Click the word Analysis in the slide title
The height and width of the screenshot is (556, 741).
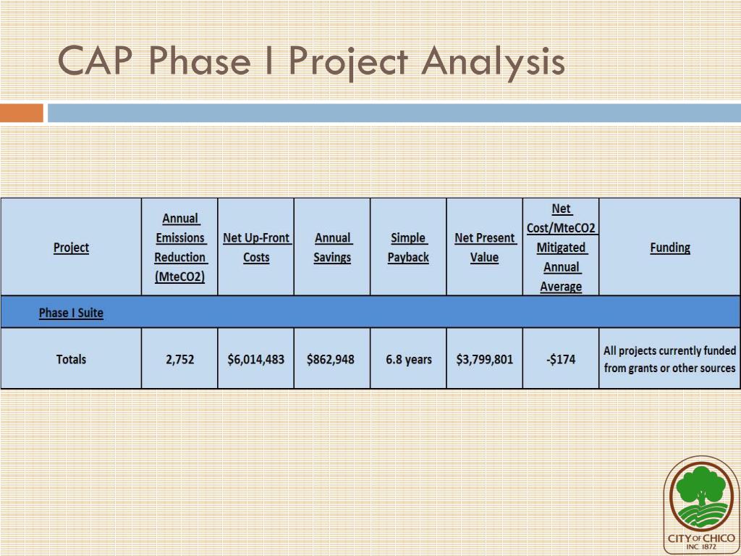pyautogui.click(x=493, y=61)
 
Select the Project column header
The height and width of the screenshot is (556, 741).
pyautogui.click(x=71, y=248)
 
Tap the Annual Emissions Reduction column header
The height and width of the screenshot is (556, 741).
pyautogui.click(x=180, y=248)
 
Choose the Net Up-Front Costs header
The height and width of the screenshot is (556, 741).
pyautogui.click(x=256, y=248)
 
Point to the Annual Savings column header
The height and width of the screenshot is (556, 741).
pyautogui.click(x=332, y=248)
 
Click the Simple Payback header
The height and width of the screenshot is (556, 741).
pyautogui.click(x=408, y=248)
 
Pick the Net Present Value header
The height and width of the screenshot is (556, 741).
pyautogui.click(x=484, y=248)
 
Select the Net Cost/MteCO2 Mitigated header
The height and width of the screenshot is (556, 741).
pyautogui.click(x=561, y=248)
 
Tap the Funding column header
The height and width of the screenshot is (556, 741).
pyautogui.click(x=669, y=248)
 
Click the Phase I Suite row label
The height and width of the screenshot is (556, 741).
pyautogui.click(x=71, y=313)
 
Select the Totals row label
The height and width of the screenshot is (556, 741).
pyautogui.click(x=71, y=359)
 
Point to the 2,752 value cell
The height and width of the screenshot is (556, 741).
pyautogui.click(x=179, y=359)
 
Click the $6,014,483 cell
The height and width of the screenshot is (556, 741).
pyautogui.click(x=256, y=359)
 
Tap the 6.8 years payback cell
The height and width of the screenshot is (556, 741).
pyautogui.click(x=408, y=359)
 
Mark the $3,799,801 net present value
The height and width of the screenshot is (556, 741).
pyautogui.click(x=484, y=359)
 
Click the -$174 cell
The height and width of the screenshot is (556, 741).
pyautogui.click(x=560, y=359)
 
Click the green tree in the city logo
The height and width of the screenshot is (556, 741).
pyautogui.click(x=700, y=486)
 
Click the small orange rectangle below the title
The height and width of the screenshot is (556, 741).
pyautogui.click(x=22, y=114)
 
